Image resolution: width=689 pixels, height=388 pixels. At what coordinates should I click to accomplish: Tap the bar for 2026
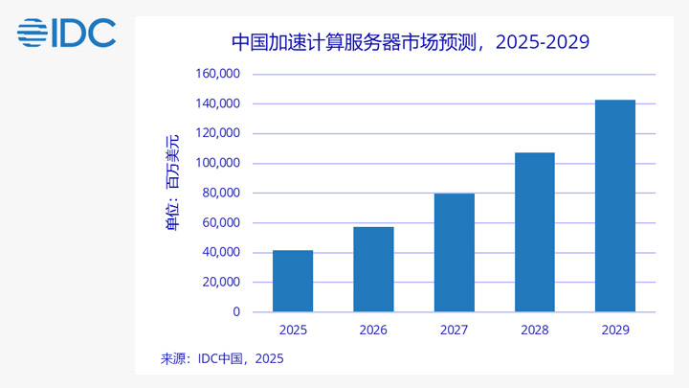tap(373, 269)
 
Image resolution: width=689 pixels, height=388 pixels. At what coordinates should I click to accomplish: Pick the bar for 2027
tap(454, 253)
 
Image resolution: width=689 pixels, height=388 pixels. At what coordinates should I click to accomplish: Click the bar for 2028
tap(534, 232)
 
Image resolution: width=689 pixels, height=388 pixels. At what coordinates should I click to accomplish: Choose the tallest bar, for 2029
tap(614, 206)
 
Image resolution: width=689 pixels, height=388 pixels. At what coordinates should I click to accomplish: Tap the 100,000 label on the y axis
tap(216, 163)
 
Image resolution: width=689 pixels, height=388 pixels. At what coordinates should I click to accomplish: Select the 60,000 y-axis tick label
tap(219, 223)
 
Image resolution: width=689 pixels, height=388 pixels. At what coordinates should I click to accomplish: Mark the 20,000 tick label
tap(219, 283)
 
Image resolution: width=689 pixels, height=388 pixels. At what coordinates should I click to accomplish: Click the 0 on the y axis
tap(236, 312)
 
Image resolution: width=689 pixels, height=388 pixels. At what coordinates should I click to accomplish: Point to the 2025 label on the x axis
tap(293, 331)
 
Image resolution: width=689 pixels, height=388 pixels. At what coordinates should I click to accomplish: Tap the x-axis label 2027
tap(454, 331)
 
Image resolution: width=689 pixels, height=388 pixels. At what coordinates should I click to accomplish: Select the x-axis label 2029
tap(614, 331)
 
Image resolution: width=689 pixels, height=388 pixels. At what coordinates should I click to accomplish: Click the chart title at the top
tap(410, 42)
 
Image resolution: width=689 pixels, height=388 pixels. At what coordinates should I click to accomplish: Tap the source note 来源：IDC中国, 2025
tap(222, 359)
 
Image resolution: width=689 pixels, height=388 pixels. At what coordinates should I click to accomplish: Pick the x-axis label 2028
tap(534, 331)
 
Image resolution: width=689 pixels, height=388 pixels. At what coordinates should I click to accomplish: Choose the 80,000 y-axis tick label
tap(219, 194)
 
